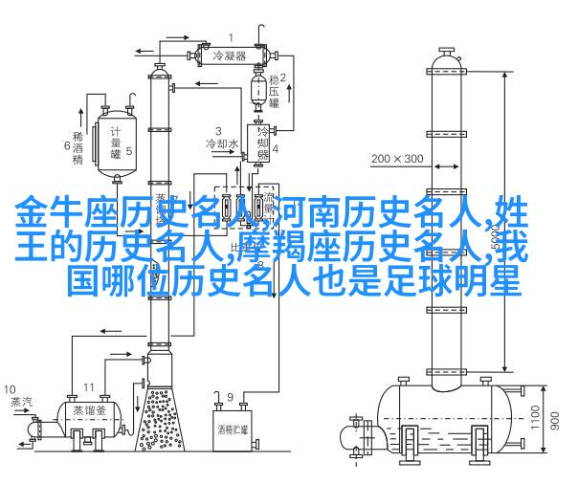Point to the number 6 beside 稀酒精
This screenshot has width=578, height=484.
click(x=68, y=145)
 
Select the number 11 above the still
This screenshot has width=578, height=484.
click(x=88, y=386)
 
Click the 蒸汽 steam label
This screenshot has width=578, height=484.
click(x=20, y=401)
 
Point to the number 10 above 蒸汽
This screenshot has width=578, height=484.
click(x=10, y=389)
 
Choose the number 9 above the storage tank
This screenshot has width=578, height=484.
click(x=230, y=395)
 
